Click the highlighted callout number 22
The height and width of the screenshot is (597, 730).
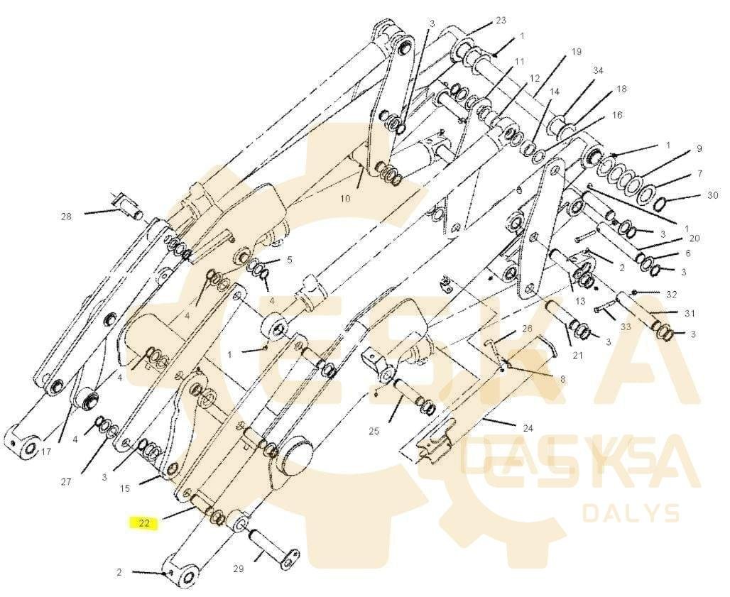click(x=144, y=524)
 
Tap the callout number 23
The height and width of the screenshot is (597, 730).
click(x=501, y=21)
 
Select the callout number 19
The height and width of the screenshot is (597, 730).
click(x=576, y=51)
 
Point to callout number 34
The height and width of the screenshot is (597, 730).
click(x=598, y=70)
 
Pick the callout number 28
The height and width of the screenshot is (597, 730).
click(x=66, y=217)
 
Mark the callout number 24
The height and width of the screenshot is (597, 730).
click(x=528, y=428)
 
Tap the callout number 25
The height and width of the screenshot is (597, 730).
click(x=374, y=431)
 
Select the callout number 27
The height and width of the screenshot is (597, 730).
click(x=65, y=482)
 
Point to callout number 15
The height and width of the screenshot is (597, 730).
click(x=125, y=488)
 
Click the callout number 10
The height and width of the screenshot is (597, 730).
click(x=344, y=199)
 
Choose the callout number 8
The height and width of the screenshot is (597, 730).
click(x=562, y=379)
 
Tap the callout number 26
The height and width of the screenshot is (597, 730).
click(x=527, y=329)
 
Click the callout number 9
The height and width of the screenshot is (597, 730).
click(x=699, y=148)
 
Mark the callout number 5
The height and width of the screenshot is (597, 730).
click(x=289, y=260)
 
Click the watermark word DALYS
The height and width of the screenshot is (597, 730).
click(x=631, y=513)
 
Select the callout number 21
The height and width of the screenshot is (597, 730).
click(x=577, y=355)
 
